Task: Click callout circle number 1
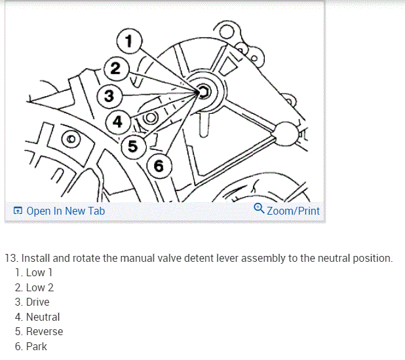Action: [128, 41]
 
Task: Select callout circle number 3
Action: [109, 96]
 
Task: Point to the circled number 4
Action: [117, 122]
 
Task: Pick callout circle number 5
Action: [133, 145]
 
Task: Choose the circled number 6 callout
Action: [159, 166]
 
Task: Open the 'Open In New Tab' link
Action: [66, 211]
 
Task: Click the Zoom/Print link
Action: [293, 211]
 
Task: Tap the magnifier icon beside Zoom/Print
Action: [259, 209]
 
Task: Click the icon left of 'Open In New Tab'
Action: [18, 211]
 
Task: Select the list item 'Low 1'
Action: [39, 272]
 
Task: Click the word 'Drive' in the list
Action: [37, 302]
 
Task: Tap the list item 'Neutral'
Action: [43, 317]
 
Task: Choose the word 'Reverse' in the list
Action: [45, 332]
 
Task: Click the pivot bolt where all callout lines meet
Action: [202, 92]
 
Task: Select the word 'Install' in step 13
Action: [36, 258]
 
